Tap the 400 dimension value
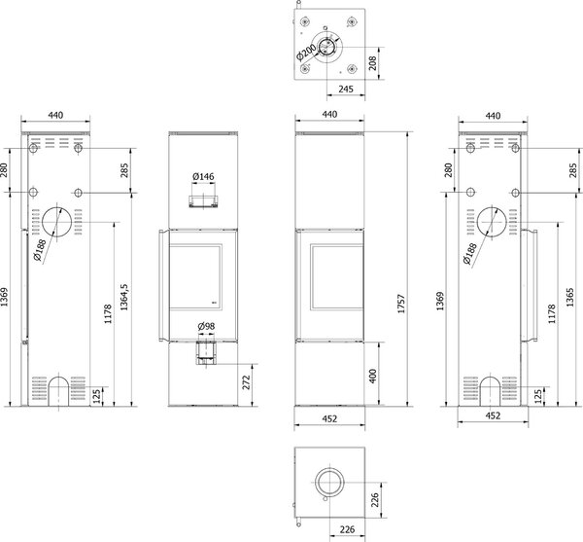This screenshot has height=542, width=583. tap(373, 376)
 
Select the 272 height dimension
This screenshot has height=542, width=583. tap(247, 382)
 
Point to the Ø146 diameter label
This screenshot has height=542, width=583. tap(203, 176)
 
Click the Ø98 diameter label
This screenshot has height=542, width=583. tap(206, 327)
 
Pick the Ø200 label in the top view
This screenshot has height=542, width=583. tap(306, 52)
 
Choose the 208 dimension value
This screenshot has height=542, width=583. tap(373, 63)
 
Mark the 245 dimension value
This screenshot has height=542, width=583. tap(346, 89)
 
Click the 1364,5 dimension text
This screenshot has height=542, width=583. tap(123, 297)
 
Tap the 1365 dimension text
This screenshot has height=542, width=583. tap(570, 297)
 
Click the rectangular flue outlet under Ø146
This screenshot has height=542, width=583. tap(203, 200)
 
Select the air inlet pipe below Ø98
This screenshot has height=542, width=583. tap(206, 352)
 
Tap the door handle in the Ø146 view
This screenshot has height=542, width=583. tap(163, 286)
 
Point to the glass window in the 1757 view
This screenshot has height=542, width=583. tap(337, 276)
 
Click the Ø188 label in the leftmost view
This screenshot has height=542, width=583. tap(39, 250)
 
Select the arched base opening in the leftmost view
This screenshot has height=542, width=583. tap(58, 391)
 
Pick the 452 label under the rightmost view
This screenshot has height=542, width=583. tap(493, 416)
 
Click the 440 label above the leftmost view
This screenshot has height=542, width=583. tap(55, 115)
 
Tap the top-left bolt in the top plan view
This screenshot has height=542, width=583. tap(305, 21)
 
